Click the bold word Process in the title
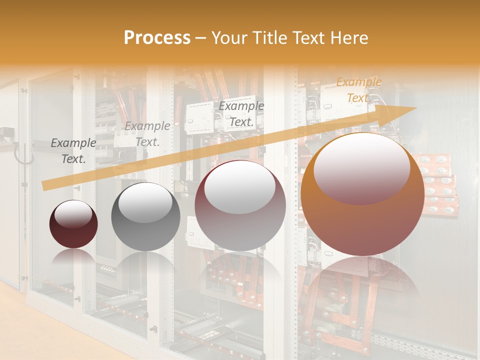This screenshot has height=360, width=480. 157,38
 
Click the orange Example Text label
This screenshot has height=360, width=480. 358,90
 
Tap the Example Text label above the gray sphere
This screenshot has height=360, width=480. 147,134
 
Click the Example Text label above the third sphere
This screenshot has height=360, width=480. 241,113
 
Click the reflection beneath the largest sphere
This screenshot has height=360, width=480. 362,280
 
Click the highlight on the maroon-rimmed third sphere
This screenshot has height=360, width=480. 240,188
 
